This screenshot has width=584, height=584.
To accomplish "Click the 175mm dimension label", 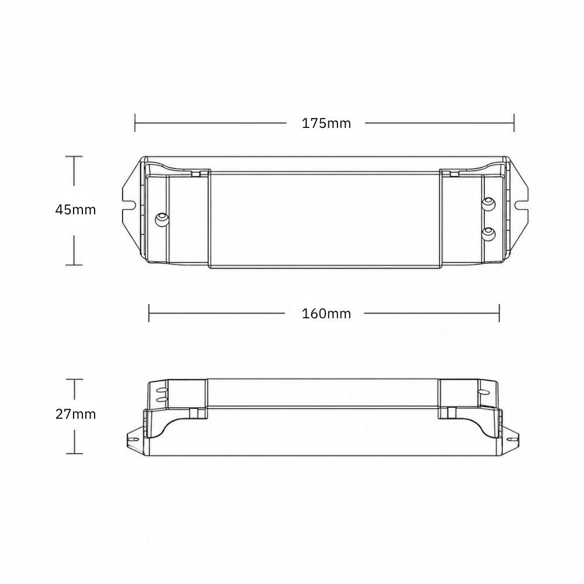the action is click(x=326, y=123).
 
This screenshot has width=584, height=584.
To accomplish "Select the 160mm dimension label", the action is click(x=326, y=314).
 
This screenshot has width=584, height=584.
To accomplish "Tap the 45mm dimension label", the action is click(x=75, y=210).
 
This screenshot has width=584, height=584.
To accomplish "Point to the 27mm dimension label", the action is click(x=75, y=414).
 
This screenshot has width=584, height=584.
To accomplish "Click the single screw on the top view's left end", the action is click(x=162, y=218).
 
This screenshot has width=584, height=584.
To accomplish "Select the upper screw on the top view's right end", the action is click(x=488, y=203).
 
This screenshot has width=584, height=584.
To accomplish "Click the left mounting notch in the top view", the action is click(x=129, y=204).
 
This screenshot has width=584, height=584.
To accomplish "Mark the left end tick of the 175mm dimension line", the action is click(x=135, y=123).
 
